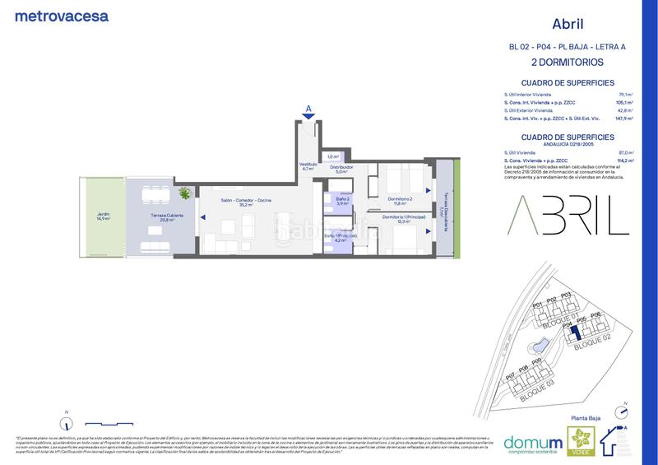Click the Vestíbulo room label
tap(308, 166)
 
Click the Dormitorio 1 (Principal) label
tap(401, 218)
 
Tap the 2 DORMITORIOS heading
tap(568, 62)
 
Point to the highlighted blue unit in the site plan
tap(577, 333)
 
